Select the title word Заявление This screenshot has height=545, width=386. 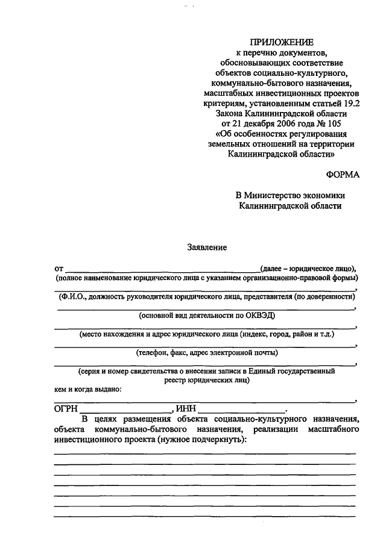pos(207,246)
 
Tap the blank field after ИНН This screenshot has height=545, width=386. pos(242,408)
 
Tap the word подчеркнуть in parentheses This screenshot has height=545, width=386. pos(217,440)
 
